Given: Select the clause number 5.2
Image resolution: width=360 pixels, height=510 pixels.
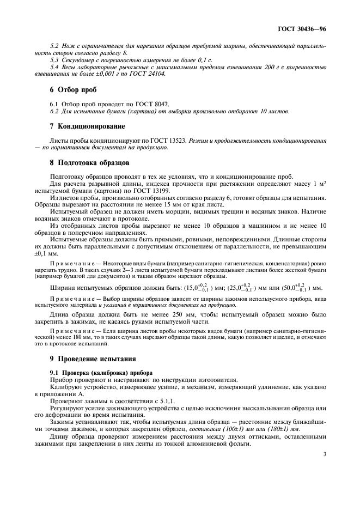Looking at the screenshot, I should click(54, 47).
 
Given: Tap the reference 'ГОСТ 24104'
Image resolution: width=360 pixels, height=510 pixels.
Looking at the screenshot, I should click(148, 74).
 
